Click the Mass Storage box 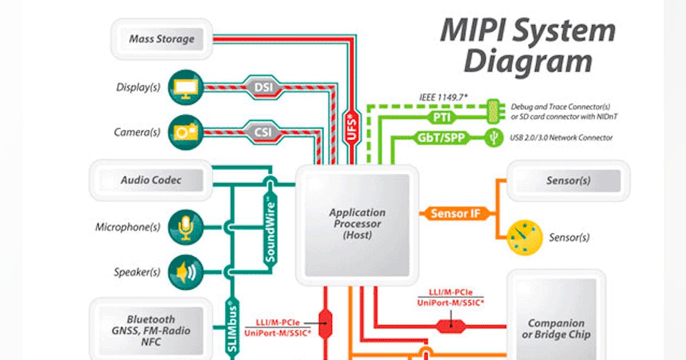tap(161, 39)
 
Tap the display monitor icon tap(185, 87)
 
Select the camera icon tap(185, 133)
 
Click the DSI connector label tap(263, 87)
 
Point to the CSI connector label tap(263, 133)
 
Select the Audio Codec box tap(151, 180)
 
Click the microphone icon tap(186, 227)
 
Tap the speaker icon tap(186, 273)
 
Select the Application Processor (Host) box tap(357, 224)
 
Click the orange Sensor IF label tap(455, 214)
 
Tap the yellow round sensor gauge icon tap(524, 237)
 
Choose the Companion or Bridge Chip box tap(556, 329)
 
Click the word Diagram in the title tap(527, 61)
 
